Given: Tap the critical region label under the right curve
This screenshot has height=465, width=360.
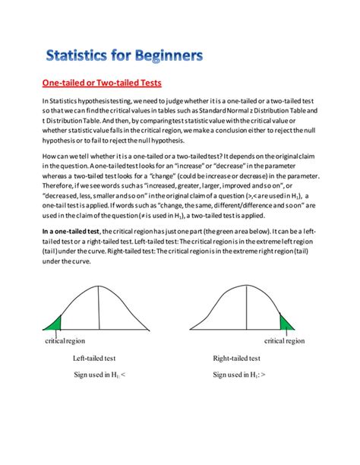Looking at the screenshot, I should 285,340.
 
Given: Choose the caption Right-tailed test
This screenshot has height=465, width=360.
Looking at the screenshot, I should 238,359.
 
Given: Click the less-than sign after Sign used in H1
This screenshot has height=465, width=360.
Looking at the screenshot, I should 125,375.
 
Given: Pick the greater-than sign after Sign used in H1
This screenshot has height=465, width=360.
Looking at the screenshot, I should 264,375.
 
